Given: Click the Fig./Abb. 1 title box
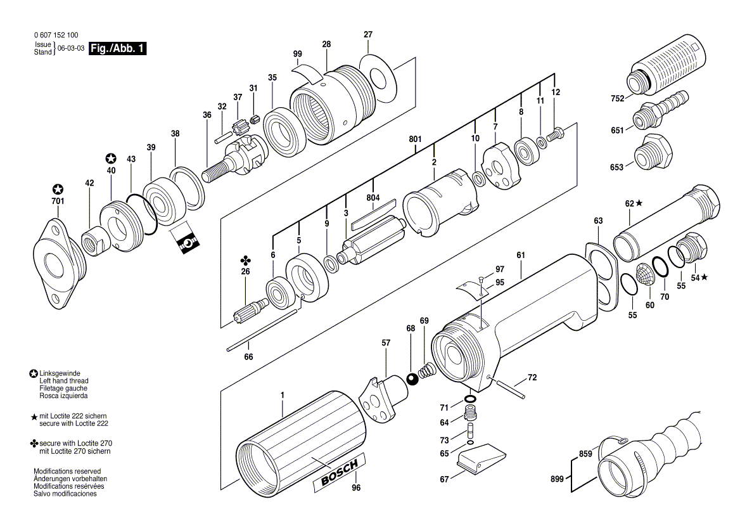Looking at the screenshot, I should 118,49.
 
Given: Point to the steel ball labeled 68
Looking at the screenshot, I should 412,379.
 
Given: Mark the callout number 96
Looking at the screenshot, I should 356,488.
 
